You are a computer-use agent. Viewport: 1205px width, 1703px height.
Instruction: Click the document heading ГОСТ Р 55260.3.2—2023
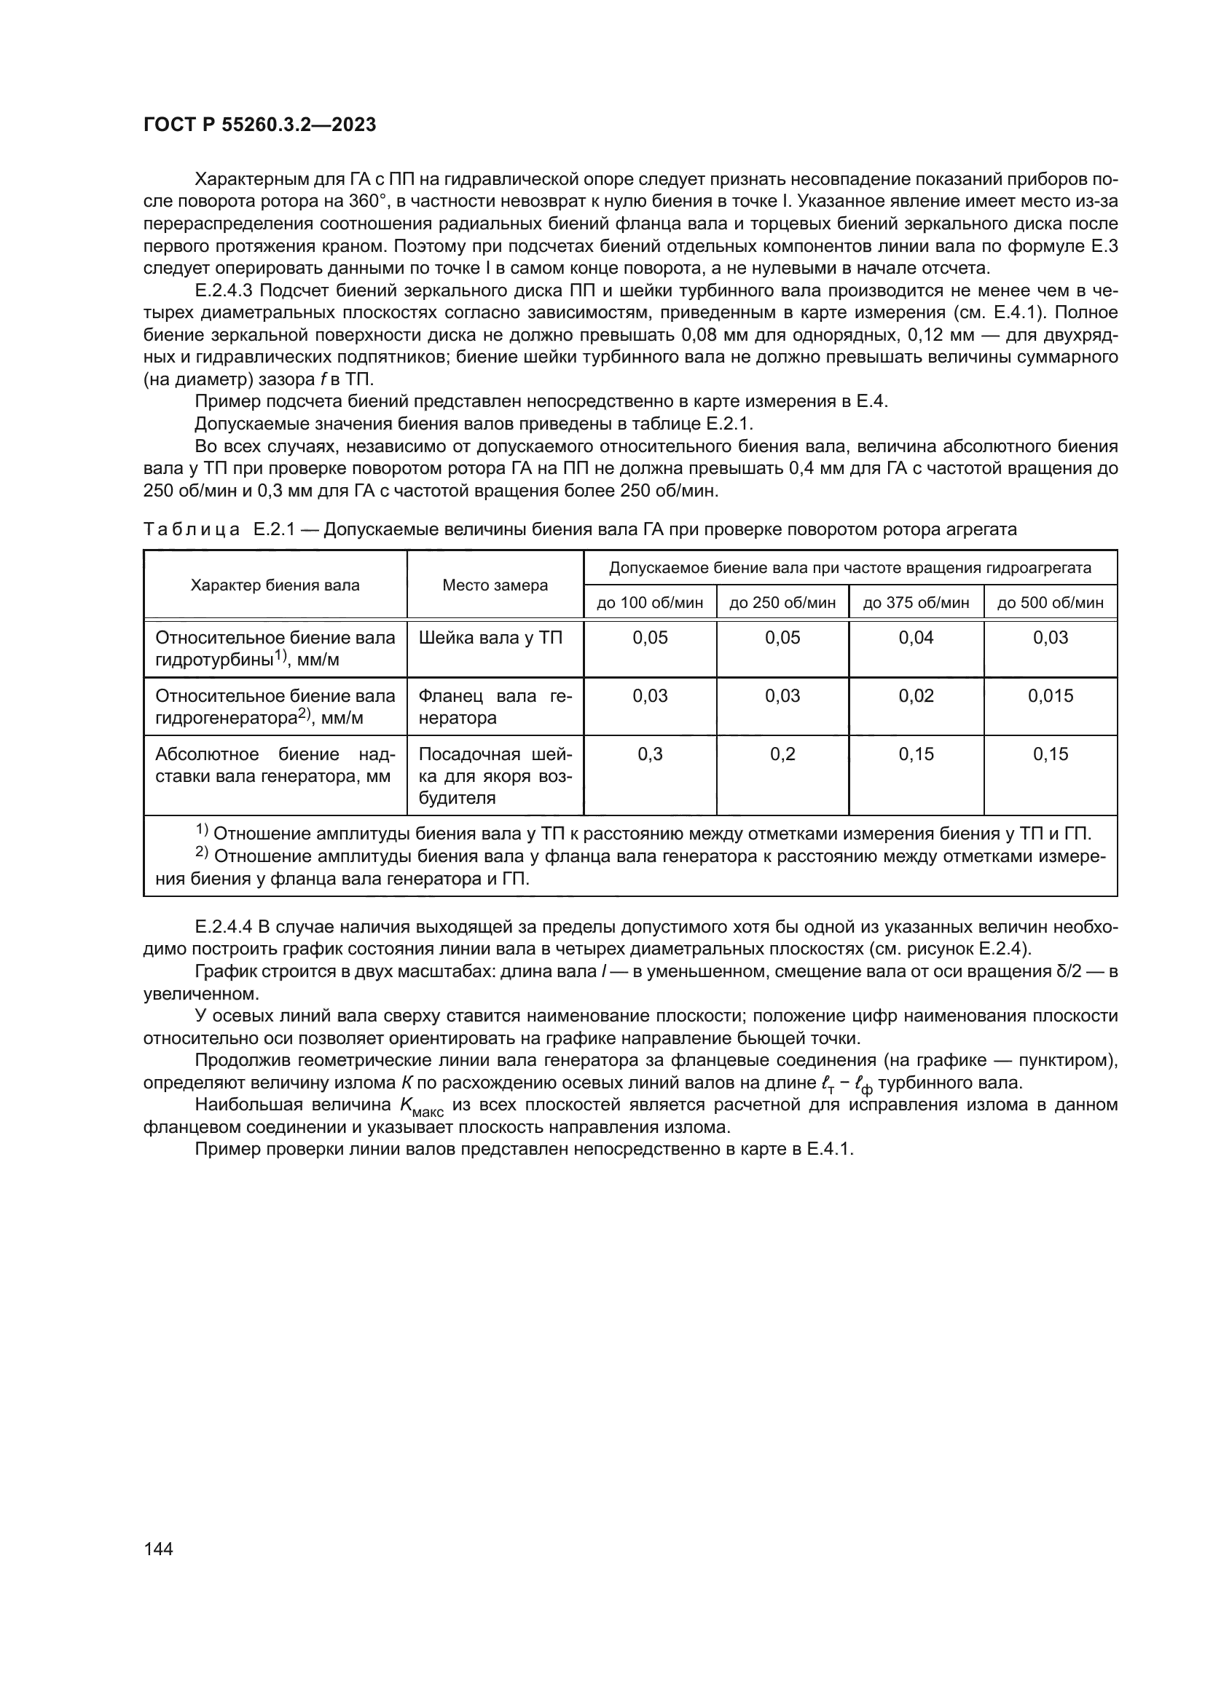pos(259,125)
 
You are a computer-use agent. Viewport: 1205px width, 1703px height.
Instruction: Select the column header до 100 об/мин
pos(650,602)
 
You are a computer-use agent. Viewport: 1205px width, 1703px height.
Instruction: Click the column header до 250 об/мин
pos(782,602)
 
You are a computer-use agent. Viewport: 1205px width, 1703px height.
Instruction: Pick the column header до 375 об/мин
pos(916,602)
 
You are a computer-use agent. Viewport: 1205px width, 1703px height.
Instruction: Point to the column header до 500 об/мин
pos(1051,602)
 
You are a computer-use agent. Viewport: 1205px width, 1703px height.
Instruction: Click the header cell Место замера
pos(495,585)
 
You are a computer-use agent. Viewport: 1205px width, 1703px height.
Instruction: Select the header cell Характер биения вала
pos(275,585)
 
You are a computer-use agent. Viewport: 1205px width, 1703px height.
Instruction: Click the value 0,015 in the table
pos(1051,696)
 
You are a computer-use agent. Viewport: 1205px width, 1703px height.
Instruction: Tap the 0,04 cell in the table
pos(916,638)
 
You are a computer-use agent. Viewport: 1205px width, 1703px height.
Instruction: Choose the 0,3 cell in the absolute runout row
pos(650,754)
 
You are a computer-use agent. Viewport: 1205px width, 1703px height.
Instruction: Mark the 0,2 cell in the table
pos(782,754)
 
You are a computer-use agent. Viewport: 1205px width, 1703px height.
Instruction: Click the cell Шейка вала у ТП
pos(490,638)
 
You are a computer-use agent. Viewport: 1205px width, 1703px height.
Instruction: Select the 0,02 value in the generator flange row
pos(916,696)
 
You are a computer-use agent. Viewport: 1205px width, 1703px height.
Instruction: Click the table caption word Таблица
pos(192,529)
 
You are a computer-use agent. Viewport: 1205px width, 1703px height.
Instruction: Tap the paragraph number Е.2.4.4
pos(224,927)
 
